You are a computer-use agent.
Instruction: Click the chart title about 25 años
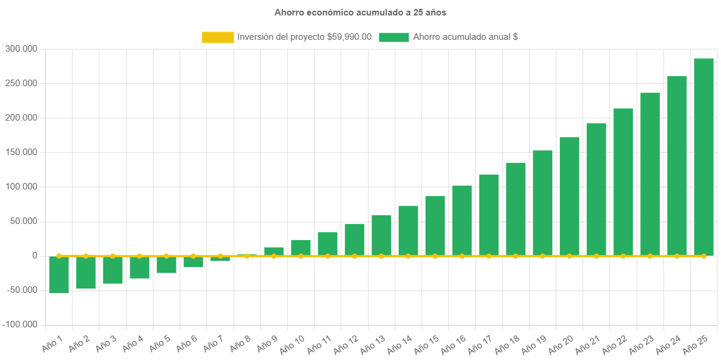click(360, 12)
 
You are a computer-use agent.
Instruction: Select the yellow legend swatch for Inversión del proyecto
click(218, 37)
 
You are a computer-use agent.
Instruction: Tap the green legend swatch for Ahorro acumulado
click(393, 37)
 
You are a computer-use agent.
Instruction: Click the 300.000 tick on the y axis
click(21, 48)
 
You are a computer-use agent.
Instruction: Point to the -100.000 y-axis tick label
click(20, 324)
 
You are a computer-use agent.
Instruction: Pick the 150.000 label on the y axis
click(21, 152)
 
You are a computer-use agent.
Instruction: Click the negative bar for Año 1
click(59, 274)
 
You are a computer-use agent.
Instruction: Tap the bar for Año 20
click(569, 197)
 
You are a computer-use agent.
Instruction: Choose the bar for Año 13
click(382, 235)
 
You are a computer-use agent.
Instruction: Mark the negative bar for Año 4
click(140, 267)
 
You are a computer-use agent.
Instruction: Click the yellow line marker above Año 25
click(704, 256)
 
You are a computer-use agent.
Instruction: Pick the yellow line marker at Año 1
click(59, 256)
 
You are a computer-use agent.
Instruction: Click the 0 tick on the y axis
click(35, 255)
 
